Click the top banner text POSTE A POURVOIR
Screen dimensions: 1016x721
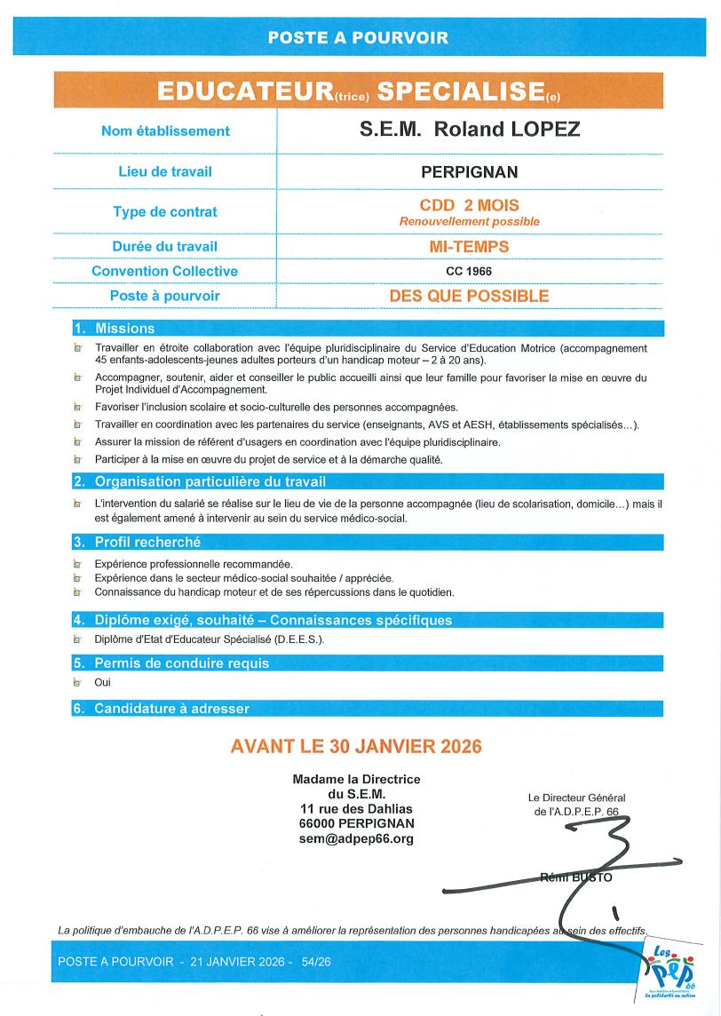(x=358, y=37)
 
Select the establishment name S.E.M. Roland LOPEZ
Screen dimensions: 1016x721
(x=469, y=130)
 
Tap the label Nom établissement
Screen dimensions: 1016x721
(x=165, y=131)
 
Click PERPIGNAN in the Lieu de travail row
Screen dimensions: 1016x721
(x=469, y=171)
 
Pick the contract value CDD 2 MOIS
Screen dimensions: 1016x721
(x=469, y=205)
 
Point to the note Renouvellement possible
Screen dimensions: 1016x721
(x=469, y=221)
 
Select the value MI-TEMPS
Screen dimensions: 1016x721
(x=469, y=246)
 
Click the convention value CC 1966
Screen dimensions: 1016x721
(x=469, y=271)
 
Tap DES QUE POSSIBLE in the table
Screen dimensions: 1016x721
(x=469, y=296)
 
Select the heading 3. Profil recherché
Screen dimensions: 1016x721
(x=137, y=542)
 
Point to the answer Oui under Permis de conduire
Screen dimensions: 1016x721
(x=103, y=683)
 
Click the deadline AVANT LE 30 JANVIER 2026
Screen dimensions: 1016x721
(x=356, y=746)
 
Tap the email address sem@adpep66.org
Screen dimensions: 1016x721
(x=356, y=838)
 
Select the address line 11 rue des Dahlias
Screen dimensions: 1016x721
(x=356, y=808)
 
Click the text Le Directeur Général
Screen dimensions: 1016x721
(x=576, y=798)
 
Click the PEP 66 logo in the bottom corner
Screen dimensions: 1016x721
(x=668, y=972)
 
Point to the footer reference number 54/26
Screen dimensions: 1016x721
(x=316, y=962)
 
